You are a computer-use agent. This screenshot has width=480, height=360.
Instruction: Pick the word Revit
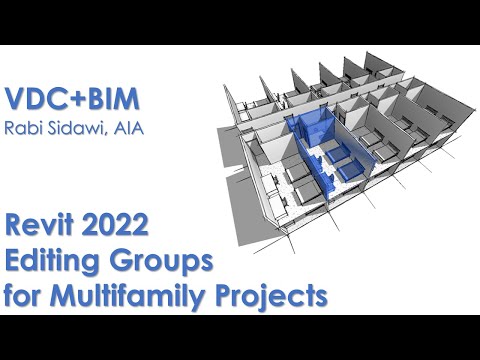[x=41, y=231]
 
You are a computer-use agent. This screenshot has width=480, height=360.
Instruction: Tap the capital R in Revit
[x=14, y=231]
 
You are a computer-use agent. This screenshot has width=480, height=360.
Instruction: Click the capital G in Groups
[x=128, y=263]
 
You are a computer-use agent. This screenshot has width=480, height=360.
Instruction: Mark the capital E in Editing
[x=13, y=263]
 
